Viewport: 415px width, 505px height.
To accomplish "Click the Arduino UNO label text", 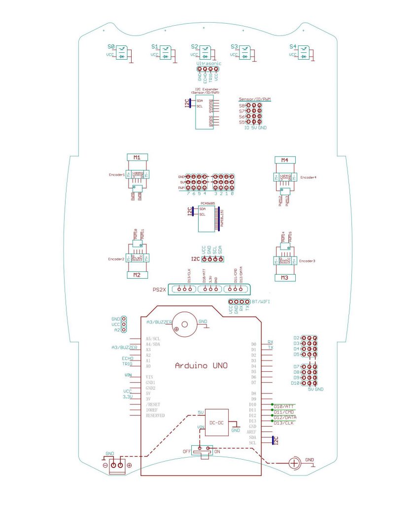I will click(201, 365).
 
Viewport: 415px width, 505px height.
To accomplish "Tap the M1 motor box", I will click(137, 157).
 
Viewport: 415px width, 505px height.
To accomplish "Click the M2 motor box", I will click(137, 275).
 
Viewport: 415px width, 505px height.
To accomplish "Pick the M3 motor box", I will click(284, 278).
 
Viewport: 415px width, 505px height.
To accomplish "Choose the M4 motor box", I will click(284, 160).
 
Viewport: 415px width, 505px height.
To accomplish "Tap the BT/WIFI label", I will click(260, 301).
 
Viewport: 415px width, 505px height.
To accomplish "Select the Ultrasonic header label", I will click(208, 64).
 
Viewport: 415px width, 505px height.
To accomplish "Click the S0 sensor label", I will click(111, 47).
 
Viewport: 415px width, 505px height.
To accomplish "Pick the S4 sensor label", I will click(293, 47).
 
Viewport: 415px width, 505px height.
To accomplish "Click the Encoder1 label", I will click(117, 175).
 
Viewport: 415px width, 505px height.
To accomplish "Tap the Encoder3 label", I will click(307, 260).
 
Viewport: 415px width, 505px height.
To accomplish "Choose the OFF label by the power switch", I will click(187, 451).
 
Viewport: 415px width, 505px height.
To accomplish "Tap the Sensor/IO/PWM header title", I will click(254, 99).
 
